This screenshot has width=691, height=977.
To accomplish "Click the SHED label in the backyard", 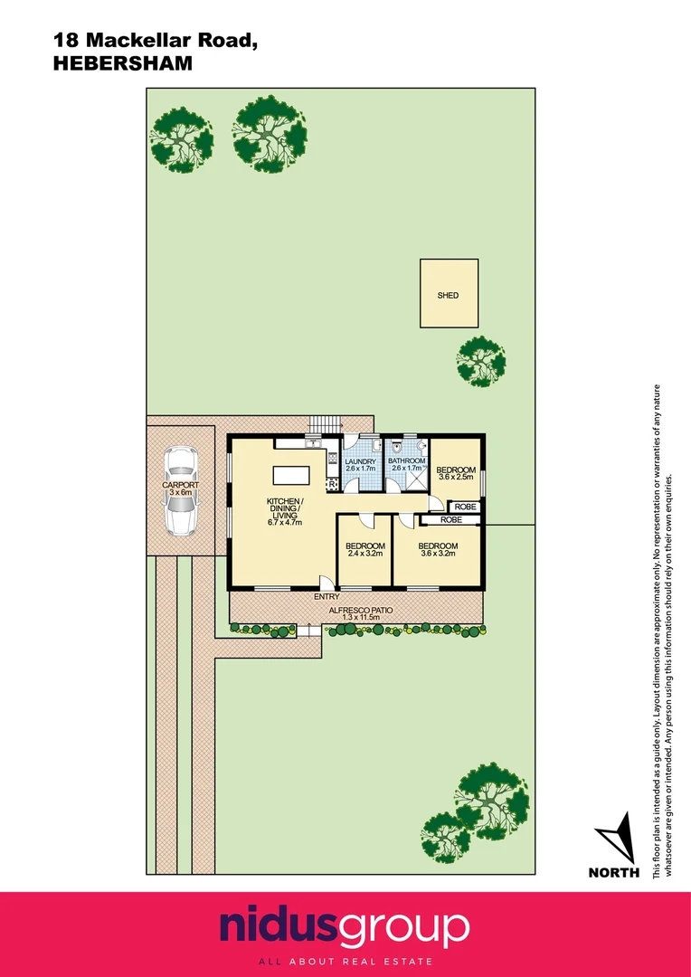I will (448, 295).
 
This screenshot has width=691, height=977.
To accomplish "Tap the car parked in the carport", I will (181, 492).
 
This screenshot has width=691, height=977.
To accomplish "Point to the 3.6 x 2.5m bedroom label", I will (455, 474).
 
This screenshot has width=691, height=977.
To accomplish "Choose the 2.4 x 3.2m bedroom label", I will (365, 550).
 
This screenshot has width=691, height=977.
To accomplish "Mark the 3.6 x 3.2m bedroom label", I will (438, 550).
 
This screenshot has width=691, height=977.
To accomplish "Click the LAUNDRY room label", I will (360, 464).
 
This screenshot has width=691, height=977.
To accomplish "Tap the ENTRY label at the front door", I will (327, 597).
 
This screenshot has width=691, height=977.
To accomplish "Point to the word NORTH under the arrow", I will (613, 873).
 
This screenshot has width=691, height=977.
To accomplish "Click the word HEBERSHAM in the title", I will (123, 62).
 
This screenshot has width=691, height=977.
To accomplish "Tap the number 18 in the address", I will (64, 40).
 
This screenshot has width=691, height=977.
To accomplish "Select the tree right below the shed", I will (479, 360).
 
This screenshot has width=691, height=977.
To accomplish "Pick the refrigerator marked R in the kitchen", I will (332, 486).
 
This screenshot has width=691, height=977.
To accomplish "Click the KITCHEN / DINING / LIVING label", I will (284, 511).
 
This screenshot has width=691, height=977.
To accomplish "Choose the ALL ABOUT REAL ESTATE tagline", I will (345, 961).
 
